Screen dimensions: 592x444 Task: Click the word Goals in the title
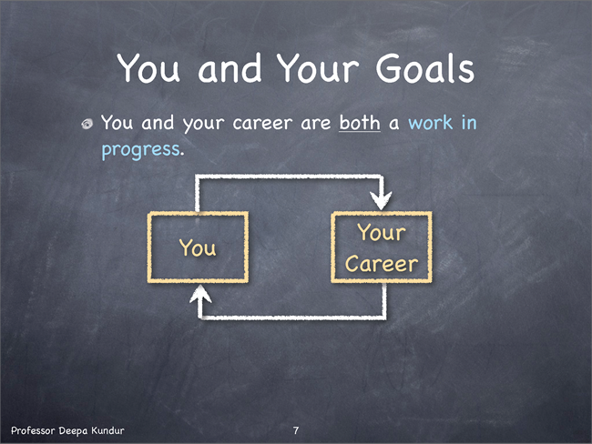pyautogui.click(x=424, y=68)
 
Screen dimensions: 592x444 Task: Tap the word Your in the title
pyautogui.click(x=318, y=68)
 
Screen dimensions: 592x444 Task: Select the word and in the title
pyautogui.click(x=230, y=68)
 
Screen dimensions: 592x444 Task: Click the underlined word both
pyautogui.click(x=360, y=123)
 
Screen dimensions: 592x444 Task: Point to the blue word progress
pyautogui.click(x=140, y=150)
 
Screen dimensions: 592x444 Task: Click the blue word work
pyautogui.click(x=431, y=123)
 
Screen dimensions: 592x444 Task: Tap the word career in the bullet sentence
pyautogui.click(x=262, y=124)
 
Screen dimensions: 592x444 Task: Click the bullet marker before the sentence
pyautogui.click(x=87, y=124)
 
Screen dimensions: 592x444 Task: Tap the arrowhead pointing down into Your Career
pyautogui.click(x=381, y=200)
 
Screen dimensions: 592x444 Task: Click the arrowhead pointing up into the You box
pyautogui.click(x=200, y=294)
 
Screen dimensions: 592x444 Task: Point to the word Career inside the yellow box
pyautogui.click(x=382, y=263)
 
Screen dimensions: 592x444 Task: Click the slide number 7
pyautogui.click(x=296, y=430)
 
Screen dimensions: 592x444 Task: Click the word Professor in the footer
pyautogui.click(x=33, y=430)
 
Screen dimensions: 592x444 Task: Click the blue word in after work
pyautogui.click(x=469, y=123)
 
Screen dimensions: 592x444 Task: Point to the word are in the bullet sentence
pyautogui.click(x=316, y=124)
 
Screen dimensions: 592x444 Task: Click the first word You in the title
pyautogui.click(x=148, y=68)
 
